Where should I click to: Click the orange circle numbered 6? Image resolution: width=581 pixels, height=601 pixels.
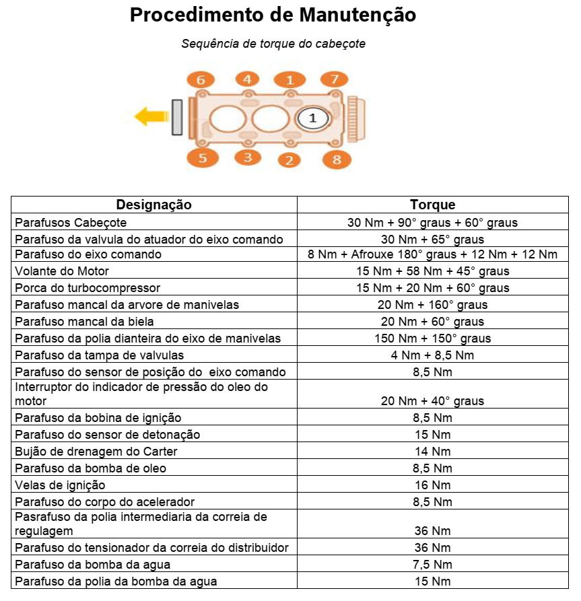coord(201,80)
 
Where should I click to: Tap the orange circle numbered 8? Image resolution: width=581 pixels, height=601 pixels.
coord(337,160)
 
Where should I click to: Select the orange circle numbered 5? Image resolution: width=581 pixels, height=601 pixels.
coord(201,158)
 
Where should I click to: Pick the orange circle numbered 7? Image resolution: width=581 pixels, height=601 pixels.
coord(334,79)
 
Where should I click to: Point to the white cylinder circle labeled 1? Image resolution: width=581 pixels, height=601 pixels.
coord(312,118)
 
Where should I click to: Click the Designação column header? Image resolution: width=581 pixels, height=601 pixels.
coord(153,205)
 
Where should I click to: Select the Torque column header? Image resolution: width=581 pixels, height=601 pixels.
coord(432,205)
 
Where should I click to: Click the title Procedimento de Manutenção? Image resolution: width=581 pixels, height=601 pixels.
coord(273,15)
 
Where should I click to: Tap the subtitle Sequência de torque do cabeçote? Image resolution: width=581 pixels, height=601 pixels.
coord(273,44)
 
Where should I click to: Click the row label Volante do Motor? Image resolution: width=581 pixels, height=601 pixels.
coord(62,271)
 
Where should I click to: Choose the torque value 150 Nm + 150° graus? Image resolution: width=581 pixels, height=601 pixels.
coord(432,339)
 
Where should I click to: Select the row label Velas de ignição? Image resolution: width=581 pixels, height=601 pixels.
coord(60,485)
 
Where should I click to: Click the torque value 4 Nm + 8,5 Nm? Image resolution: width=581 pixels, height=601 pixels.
coord(432,355)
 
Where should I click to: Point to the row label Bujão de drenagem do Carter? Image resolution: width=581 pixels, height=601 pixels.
coord(96,452)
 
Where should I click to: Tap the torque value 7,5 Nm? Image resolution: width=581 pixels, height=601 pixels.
coord(432,565)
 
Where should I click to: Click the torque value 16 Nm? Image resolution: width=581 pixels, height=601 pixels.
coord(432,485)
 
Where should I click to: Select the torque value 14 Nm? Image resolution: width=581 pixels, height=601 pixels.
coord(432,452)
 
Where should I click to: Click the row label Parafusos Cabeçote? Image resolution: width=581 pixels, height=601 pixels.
coord(71,222)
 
